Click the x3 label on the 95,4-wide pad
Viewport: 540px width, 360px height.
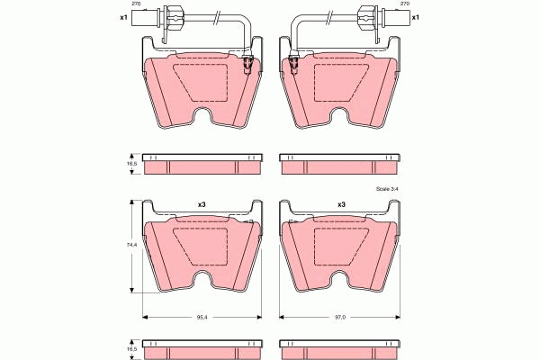[x=202, y=205]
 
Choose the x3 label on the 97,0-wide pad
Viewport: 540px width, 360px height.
[x=341, y=205]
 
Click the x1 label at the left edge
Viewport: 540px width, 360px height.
[x=123, y=17]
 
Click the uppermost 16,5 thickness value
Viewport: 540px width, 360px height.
[x=131, y=165]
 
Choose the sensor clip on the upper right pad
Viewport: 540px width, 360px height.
[x=293, y=64]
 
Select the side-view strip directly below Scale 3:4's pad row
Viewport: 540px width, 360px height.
[x=340, y=346]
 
